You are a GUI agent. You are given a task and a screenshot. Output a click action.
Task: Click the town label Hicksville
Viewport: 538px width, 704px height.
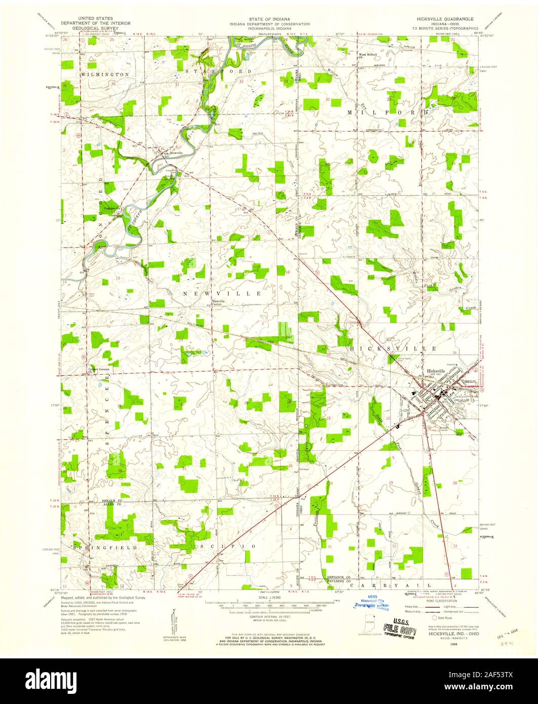(436, 371)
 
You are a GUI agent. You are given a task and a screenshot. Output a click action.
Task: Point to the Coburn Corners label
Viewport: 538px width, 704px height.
(100, 369)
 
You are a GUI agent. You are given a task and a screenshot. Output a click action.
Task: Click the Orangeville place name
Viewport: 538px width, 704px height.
(111, 208)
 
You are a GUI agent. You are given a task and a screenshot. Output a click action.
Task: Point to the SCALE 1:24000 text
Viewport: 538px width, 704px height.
(270, 598)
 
